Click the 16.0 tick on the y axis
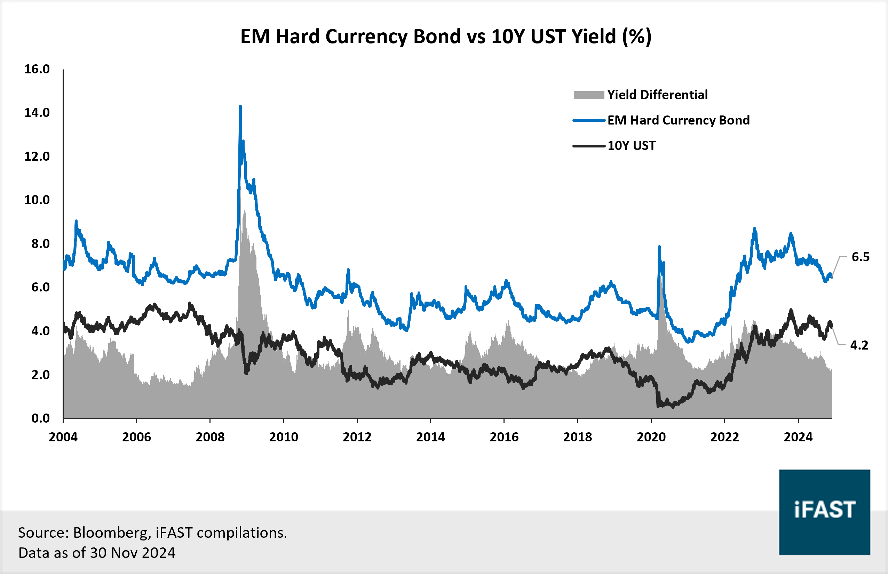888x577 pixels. (x=37, y=69)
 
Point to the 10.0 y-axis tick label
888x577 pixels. (x=37, y=200)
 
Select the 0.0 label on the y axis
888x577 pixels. (x=40, y=418)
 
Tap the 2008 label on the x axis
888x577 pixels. (x=210, y=437)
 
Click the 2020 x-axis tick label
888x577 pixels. (x=651, y=437)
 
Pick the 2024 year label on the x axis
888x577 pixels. (x=798, y=437)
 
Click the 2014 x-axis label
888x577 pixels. (x=430, y=437)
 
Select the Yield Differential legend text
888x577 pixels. (x=657, y=95)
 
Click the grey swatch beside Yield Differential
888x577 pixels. (x=588, y=95)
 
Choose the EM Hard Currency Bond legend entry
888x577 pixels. (x=678, y=120)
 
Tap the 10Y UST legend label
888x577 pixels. (x=631, y=145)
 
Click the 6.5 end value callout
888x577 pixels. (x=861, y=257)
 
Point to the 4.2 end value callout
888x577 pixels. (x=859, y=345)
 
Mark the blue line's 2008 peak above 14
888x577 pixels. (x=240, y=107)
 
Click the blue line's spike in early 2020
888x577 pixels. (x=659, y=247)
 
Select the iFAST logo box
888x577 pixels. (x=824, y=512)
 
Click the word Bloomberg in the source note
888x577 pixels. (x=112, y=532)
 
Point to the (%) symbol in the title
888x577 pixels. (x=636, y=37)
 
